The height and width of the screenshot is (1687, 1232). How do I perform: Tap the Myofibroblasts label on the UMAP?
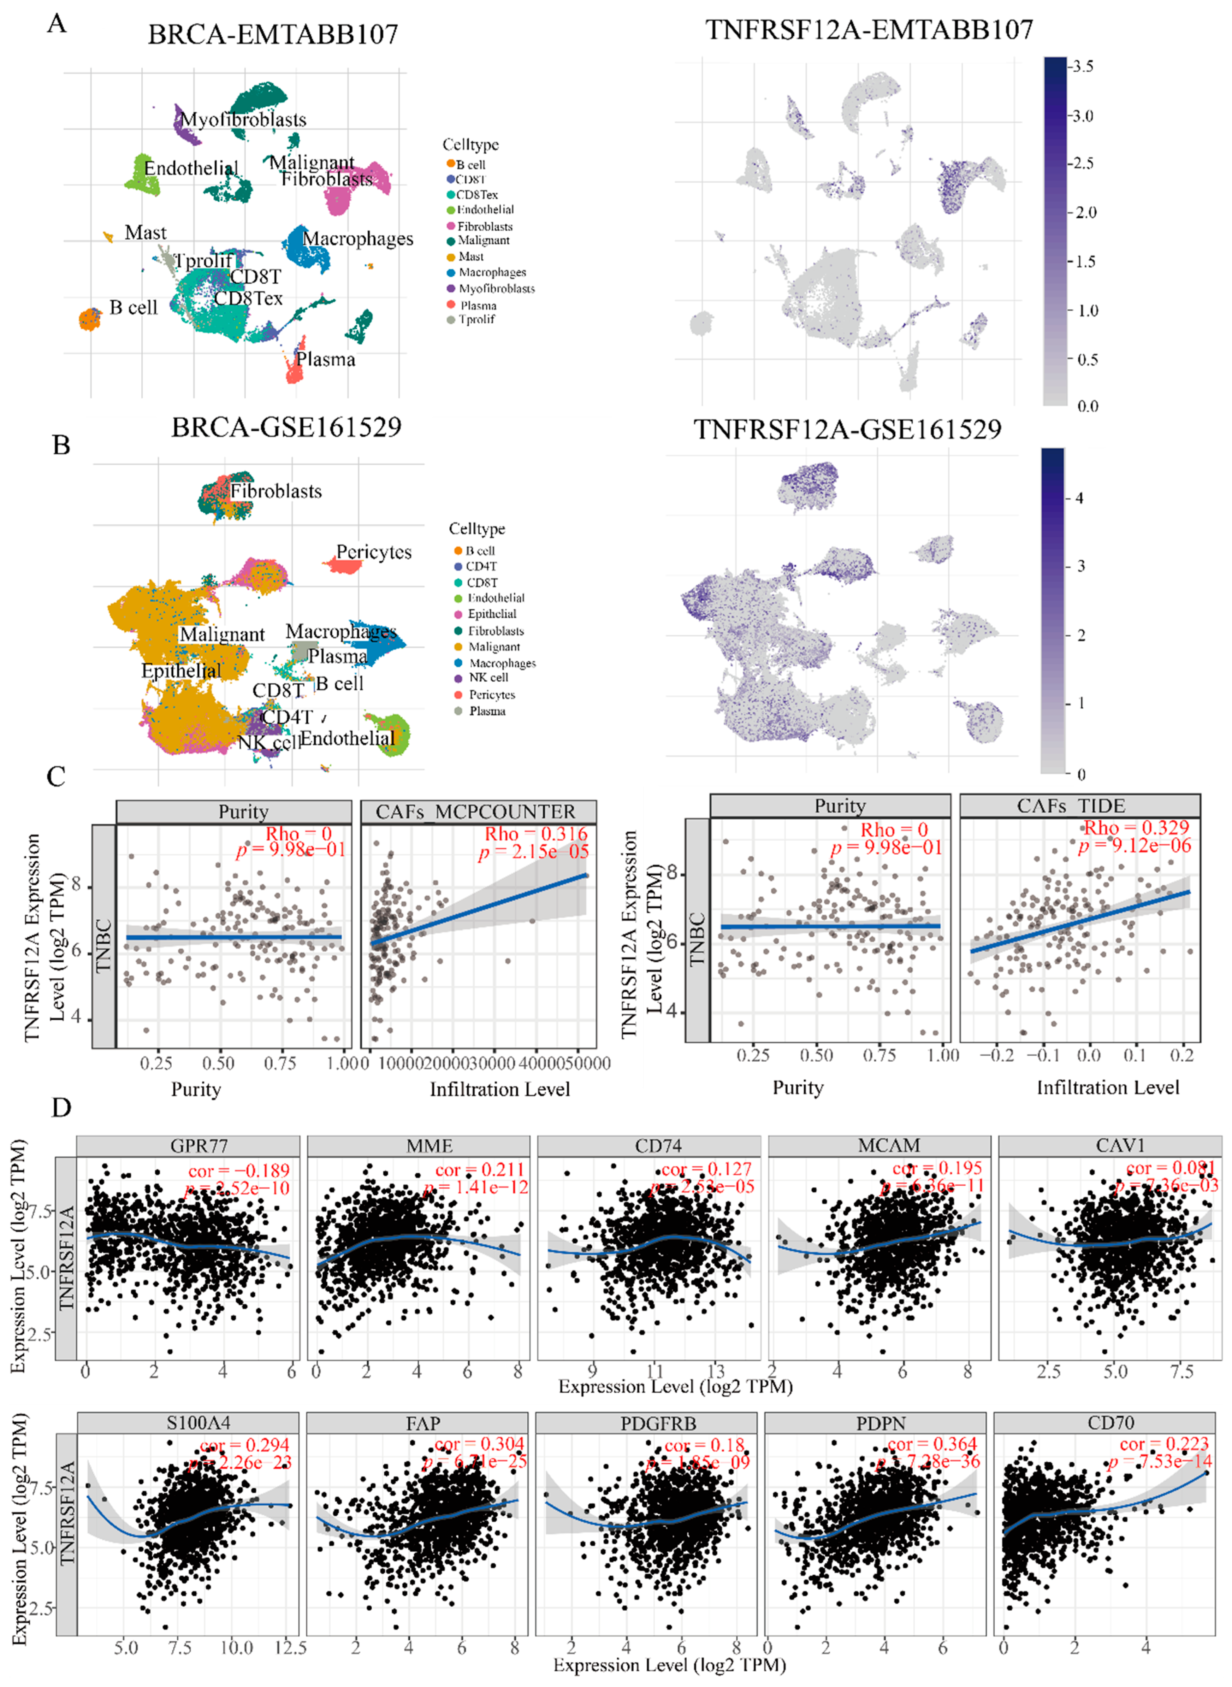(243, 119)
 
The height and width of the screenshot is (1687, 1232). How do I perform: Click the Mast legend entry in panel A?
(470, 256)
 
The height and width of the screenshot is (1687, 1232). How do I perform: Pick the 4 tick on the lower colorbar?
(1079, 498)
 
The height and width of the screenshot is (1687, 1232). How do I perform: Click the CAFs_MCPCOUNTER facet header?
(476, 812)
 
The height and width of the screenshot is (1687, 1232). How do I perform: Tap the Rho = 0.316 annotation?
(535, 834)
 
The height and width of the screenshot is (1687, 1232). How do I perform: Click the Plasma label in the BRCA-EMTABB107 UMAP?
(326, 359)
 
